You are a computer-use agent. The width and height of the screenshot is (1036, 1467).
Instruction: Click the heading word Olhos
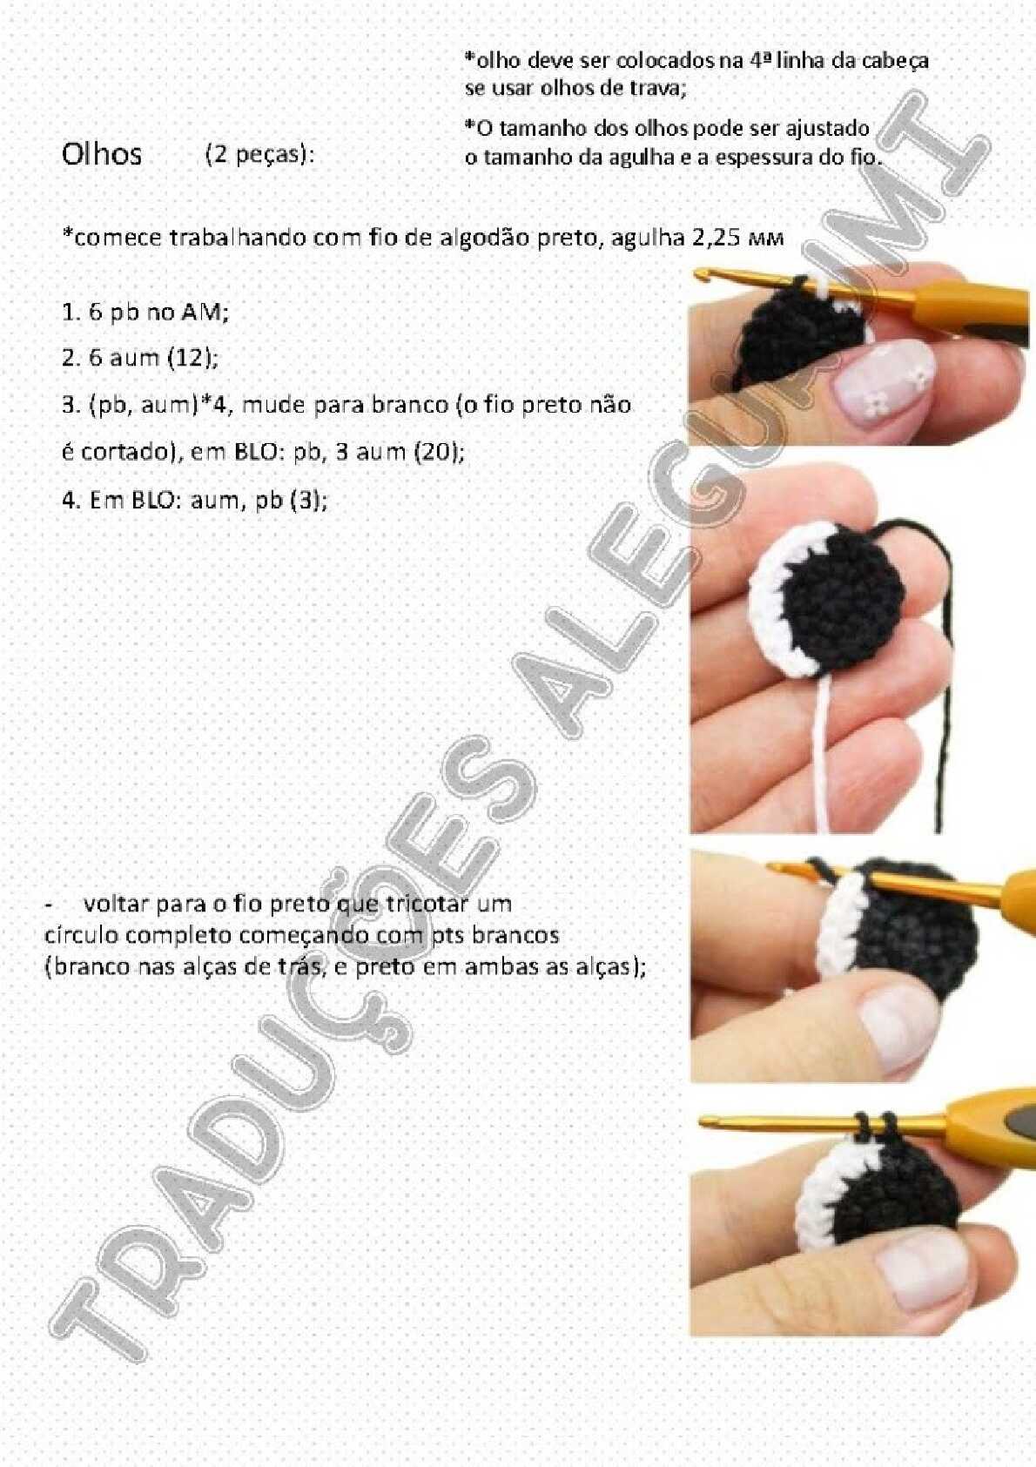click(102, 155)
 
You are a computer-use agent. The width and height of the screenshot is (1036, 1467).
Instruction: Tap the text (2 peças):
click(259, 155)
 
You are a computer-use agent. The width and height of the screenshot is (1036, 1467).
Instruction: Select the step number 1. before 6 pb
click(71, 313)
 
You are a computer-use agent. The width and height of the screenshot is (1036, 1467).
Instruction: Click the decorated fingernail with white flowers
click(884, 378)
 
